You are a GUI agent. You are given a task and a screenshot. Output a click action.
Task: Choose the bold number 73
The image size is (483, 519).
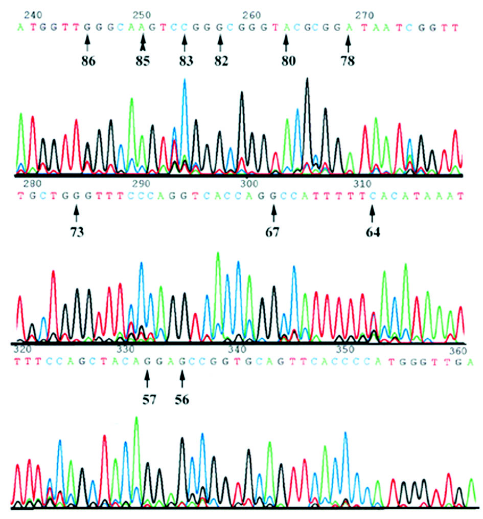[x=78, y=232]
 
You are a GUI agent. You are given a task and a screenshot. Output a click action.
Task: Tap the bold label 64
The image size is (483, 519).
[x=373, y=232]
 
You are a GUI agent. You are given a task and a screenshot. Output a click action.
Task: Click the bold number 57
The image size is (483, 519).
[x=147, y=400]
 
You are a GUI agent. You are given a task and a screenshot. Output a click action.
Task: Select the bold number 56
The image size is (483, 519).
[x=182, y=400]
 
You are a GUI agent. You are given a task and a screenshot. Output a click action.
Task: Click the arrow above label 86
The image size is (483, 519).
[x=87, y=40]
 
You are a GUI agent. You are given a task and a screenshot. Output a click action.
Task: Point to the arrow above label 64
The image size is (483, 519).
[x=373, y=211]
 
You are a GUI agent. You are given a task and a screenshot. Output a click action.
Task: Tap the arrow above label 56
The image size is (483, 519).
[x=182, y=379]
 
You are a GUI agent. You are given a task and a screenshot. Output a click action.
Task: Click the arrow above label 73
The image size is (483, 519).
[x=76, y=211]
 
